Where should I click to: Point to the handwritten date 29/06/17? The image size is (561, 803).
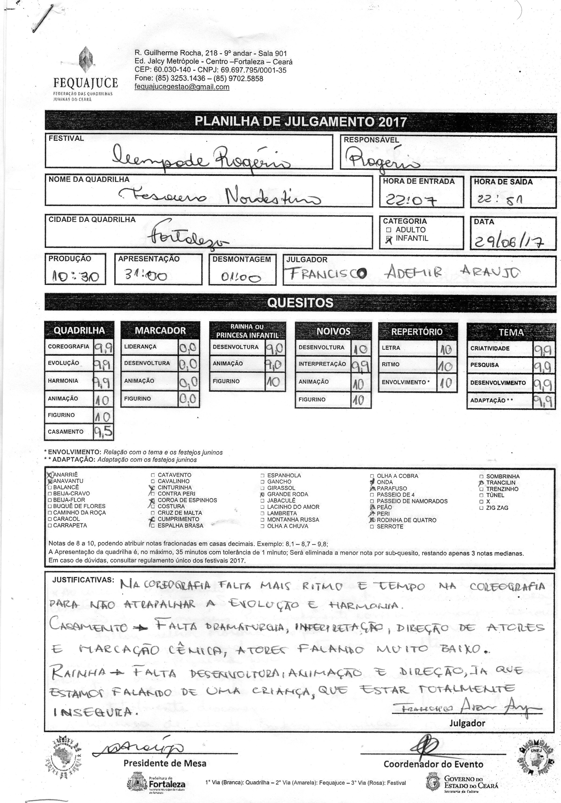507,241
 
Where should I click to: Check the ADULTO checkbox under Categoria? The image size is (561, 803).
388,230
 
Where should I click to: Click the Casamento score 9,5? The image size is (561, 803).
104,432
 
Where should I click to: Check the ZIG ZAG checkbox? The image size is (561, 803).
482,508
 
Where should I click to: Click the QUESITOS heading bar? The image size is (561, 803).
300,302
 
